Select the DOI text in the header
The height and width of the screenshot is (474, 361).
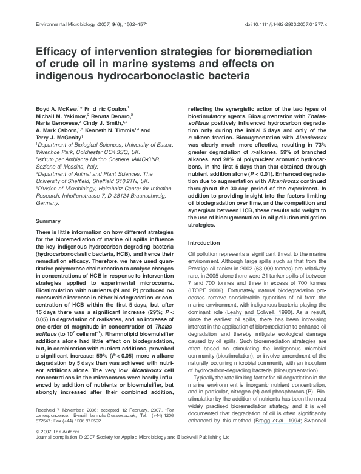click(285, 25)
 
